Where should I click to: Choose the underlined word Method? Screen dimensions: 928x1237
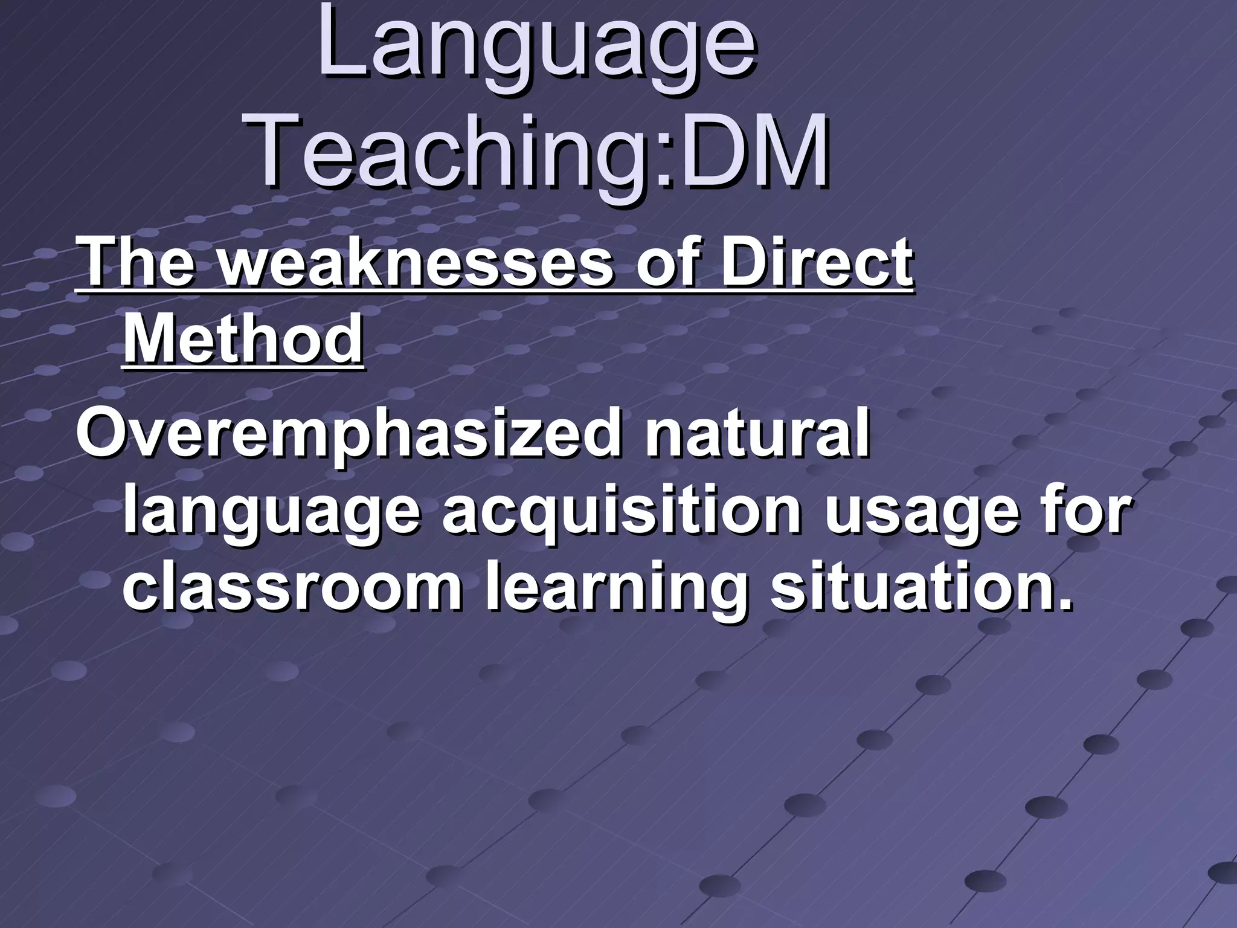[x=243, y=340]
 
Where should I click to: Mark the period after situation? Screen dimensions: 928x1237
[x=1065, y=604]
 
